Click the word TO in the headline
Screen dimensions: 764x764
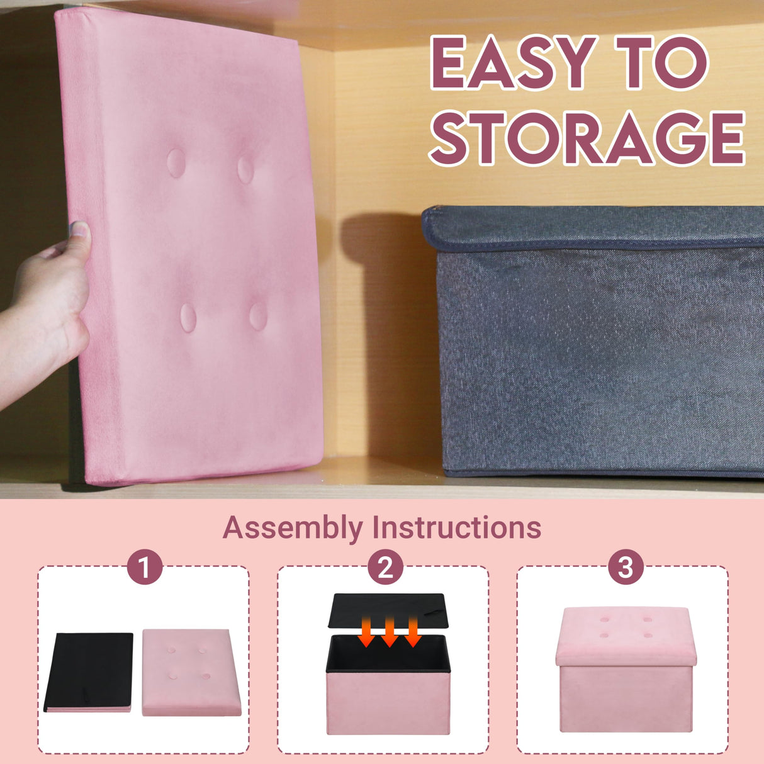click(661, 63)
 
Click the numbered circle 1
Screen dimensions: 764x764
click(145, 566)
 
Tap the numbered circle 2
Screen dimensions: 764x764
click(385, 566)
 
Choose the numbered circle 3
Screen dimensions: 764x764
click(625, 566)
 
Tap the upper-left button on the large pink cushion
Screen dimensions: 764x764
click(176, 162)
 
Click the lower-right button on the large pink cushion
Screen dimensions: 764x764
click(258, 315)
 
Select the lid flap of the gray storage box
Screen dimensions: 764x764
click(592, 228)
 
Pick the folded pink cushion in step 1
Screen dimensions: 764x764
click(191, 671)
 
